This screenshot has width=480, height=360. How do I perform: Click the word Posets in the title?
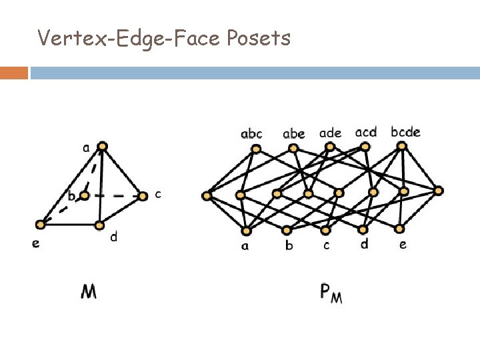pyautogui.click(x=259, y=39)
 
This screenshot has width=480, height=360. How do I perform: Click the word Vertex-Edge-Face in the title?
pyautogui.click(x=129, y=39)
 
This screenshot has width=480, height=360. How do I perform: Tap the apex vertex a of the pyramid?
pyautogui.click(x=102, y=145)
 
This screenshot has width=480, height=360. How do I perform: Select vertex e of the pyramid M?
pyautogui.click(x=43, y=224)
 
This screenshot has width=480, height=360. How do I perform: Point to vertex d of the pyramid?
pyautogui.click(x=101, y=225)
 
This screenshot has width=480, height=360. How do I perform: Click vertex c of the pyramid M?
pyautogui.click(x=143, y=196)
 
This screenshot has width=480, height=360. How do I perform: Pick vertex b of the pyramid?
pyautogui.click(x=84, y=196)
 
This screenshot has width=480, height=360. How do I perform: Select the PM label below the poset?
pyautogui.click(x=331, y=292)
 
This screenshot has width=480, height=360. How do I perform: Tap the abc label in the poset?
pyautogui.click(x=251, y=135)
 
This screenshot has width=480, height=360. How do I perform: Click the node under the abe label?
pyautogui.click(x=293, y=149)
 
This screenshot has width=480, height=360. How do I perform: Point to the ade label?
pyautogui.click(x=330, y=133)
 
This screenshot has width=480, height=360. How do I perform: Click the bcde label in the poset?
pyautogui.click(x=405, y=132)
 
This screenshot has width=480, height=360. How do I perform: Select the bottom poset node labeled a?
pyautogui.click(x=247, y=231)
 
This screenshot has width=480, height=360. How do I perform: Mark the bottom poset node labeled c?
pyautogui.click(x=325, y=231)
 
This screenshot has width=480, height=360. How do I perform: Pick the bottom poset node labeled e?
pyautogui.click(x=400, y=231)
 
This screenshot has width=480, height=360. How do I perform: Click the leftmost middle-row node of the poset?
pyautogui.click(x=207, y=196)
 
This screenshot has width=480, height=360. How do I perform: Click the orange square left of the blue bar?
pyautogui.click(x=14, y=73)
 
